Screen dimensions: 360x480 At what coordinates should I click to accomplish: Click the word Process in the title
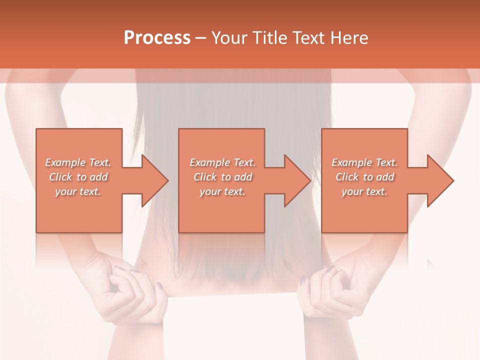pos(157,38)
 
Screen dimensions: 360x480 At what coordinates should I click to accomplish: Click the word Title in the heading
pos(270,38)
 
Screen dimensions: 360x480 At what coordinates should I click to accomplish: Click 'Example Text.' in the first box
pos(78,162)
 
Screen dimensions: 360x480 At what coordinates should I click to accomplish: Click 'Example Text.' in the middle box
pos(222,162)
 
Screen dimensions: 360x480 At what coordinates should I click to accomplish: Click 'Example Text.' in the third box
pos(364,162)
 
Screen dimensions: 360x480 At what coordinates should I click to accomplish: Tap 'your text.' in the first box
pos(78,191)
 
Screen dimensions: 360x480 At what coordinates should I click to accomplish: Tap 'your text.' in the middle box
pos(222,191)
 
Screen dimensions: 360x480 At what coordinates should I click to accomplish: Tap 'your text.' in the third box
pos(364,191)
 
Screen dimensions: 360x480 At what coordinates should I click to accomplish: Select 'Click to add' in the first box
pos(78,177)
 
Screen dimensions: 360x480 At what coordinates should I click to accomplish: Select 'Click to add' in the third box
pos(365,177)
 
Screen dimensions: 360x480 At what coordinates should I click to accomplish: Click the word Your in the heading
pos(230,38)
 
